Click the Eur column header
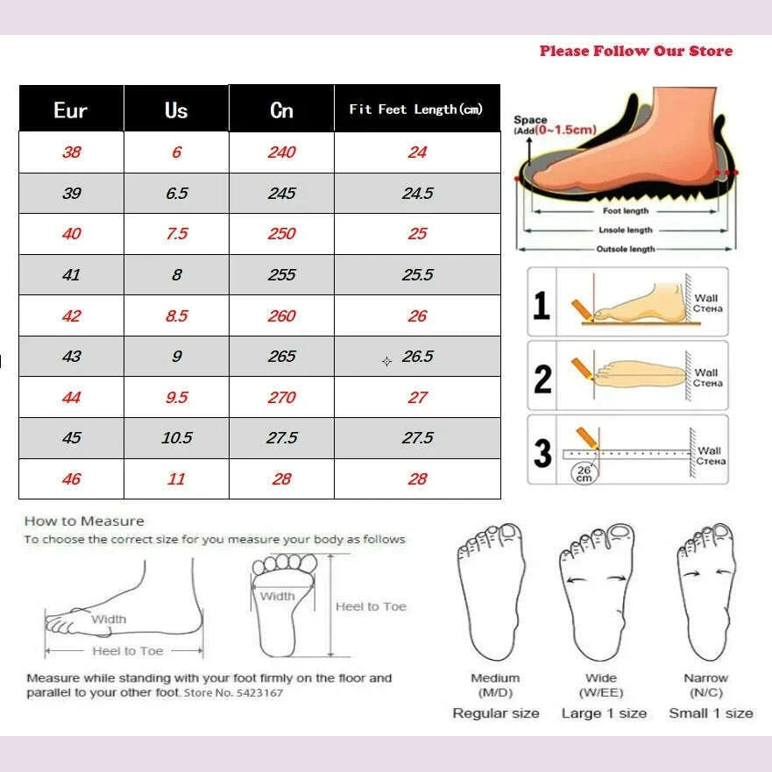71,110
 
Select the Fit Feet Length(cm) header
416,110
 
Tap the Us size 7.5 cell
177,233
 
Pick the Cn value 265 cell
281,357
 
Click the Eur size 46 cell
71,479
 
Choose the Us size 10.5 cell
177,437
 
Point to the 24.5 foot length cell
417,193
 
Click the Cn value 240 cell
281,152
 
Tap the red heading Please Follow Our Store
635,51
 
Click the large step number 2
542,379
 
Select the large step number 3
542,453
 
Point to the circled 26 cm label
584,474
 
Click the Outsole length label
626,249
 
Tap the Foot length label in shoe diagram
626,210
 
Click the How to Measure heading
84,521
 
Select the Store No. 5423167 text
233,693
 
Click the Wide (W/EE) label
601,685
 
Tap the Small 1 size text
711,713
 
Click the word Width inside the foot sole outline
277,596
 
